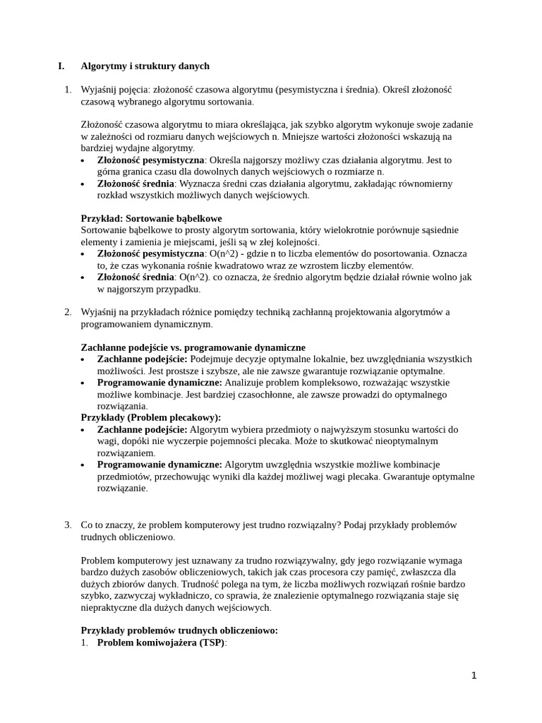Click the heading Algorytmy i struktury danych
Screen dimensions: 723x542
point(145,66)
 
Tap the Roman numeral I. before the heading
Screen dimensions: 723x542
point(61,66)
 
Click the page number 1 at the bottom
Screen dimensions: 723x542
point(474,676)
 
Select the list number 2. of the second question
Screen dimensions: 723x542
point(68,312)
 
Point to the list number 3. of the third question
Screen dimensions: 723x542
point(68,525)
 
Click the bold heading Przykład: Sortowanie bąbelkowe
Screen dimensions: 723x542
point(151,218)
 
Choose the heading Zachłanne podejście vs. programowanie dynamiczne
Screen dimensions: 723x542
point(193,347)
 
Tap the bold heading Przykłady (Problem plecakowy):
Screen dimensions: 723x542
point(151,417)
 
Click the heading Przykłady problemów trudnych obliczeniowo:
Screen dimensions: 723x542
point(179,631)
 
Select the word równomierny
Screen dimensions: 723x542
point(423,184)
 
